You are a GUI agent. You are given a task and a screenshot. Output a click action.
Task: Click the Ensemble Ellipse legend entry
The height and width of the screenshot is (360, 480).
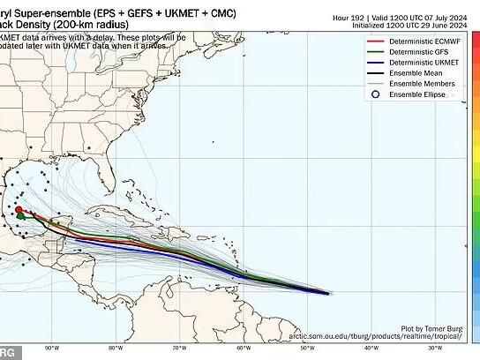[x=407, y=95]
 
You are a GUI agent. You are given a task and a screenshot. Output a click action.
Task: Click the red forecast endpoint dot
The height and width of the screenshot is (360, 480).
[x=19, y=209]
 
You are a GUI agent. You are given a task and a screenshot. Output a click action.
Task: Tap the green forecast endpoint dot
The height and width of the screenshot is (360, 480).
[x=21, y=216]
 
